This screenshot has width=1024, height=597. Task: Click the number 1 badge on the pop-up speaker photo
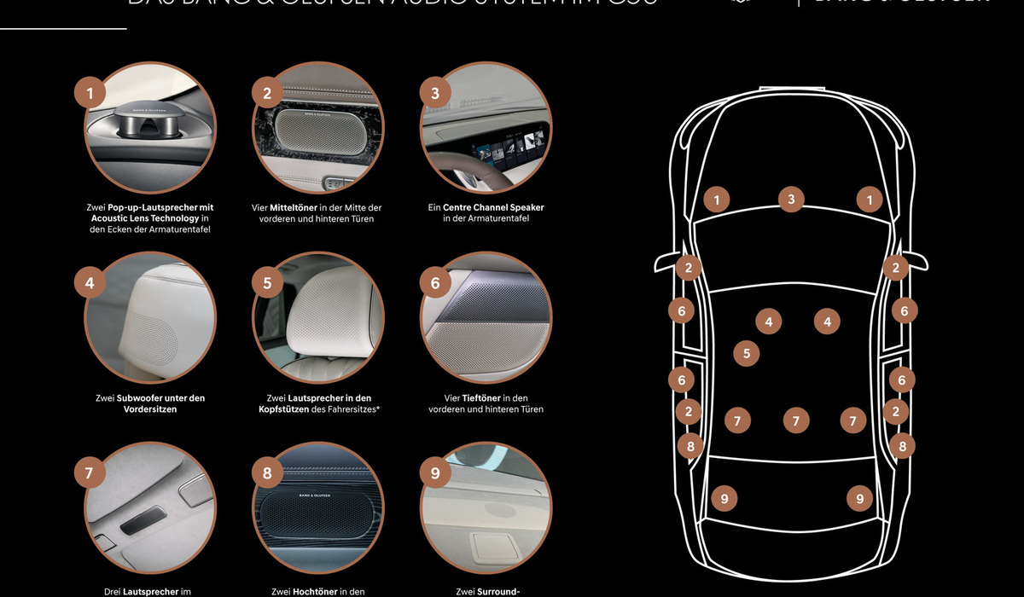click(x=90, y=92)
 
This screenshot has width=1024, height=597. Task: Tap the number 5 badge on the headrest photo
click(x=267, y=282)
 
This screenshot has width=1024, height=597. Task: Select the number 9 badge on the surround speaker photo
click(x=435, y=472)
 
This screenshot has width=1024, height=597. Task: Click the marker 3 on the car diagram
click(x=791, y=200)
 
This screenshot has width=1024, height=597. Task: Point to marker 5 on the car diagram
click(x=747, y=352)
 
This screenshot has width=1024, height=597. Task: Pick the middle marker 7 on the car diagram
click(x=795, y=420)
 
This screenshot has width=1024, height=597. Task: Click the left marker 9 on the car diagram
click(x=724, y=498)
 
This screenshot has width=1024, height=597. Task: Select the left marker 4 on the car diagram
click(x=769, y=322)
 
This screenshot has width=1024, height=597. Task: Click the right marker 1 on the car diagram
click(x=869, y=200)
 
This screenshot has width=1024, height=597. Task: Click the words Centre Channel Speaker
click(x=493, y=207)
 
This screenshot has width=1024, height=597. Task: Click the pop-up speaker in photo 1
click(x=150, y=125)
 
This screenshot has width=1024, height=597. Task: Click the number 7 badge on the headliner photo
click(x=90, y=472)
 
